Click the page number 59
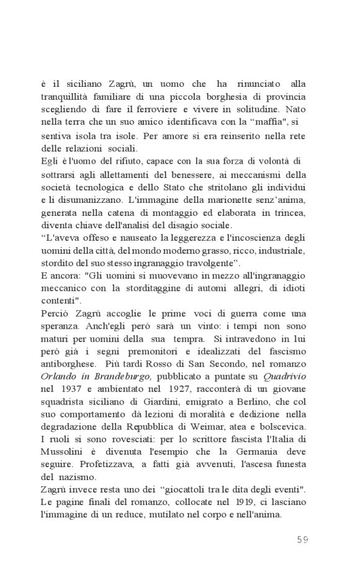[302, 539]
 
